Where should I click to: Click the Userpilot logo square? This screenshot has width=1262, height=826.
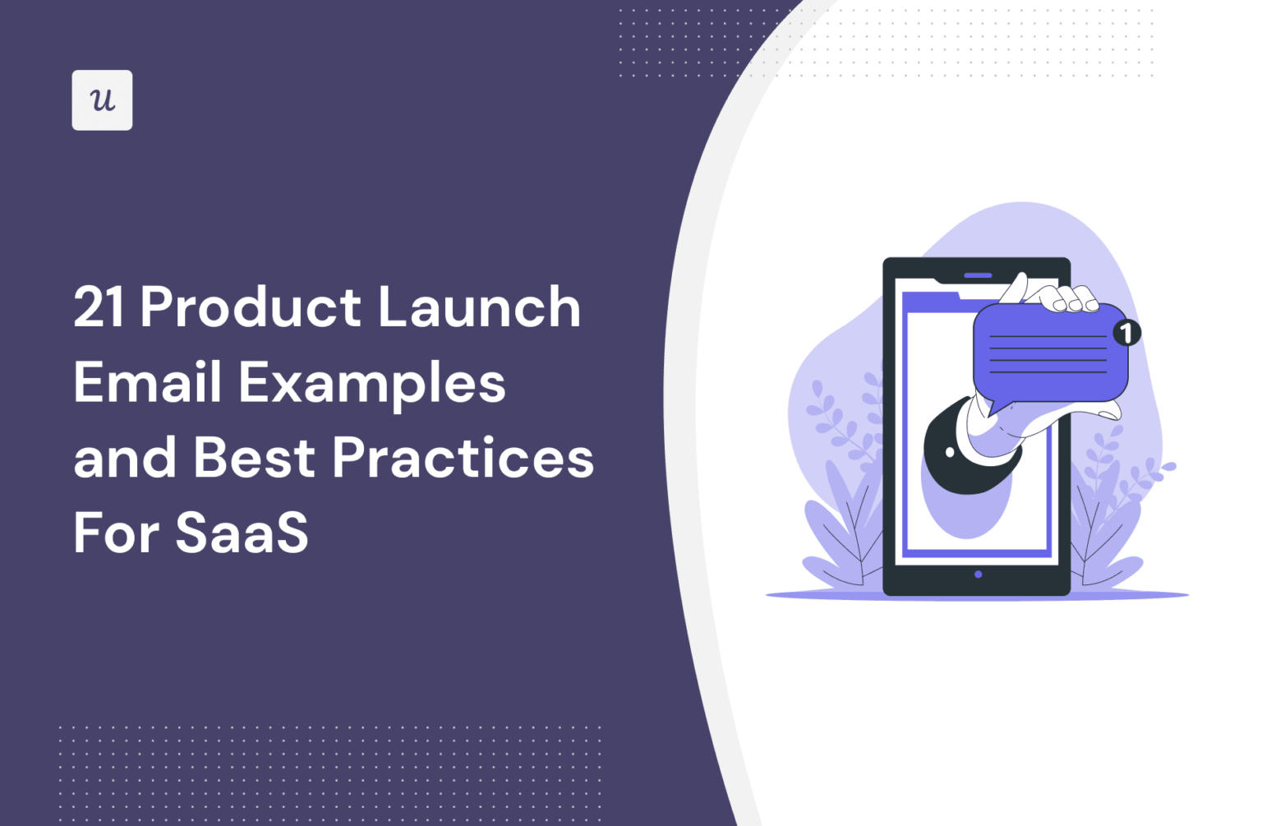pos(102,100)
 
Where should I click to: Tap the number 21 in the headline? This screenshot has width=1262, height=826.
pos(99,307)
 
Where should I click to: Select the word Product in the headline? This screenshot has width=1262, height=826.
pos(251,307)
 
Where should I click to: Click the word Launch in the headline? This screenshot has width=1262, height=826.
pos(479,307)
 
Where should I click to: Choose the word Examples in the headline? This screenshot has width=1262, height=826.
pos(372,385)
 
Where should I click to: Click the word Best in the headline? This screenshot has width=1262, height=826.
pos(254,458)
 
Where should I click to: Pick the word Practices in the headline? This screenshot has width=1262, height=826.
pos(463,458)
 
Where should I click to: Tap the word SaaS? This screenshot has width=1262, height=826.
pos(242,533)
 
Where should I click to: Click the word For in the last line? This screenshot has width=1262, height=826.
pos(117,533)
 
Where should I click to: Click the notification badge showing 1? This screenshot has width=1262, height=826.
pos(1126,333)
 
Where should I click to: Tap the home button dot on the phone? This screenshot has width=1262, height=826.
pos(978,575)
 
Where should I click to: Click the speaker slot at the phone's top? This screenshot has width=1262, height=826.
pos(978,275)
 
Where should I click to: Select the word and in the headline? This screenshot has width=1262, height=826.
pos(125,458)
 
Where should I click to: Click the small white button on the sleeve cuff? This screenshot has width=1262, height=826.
pos(951,452)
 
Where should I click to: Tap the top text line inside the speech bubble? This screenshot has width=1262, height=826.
pos(1048,336)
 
